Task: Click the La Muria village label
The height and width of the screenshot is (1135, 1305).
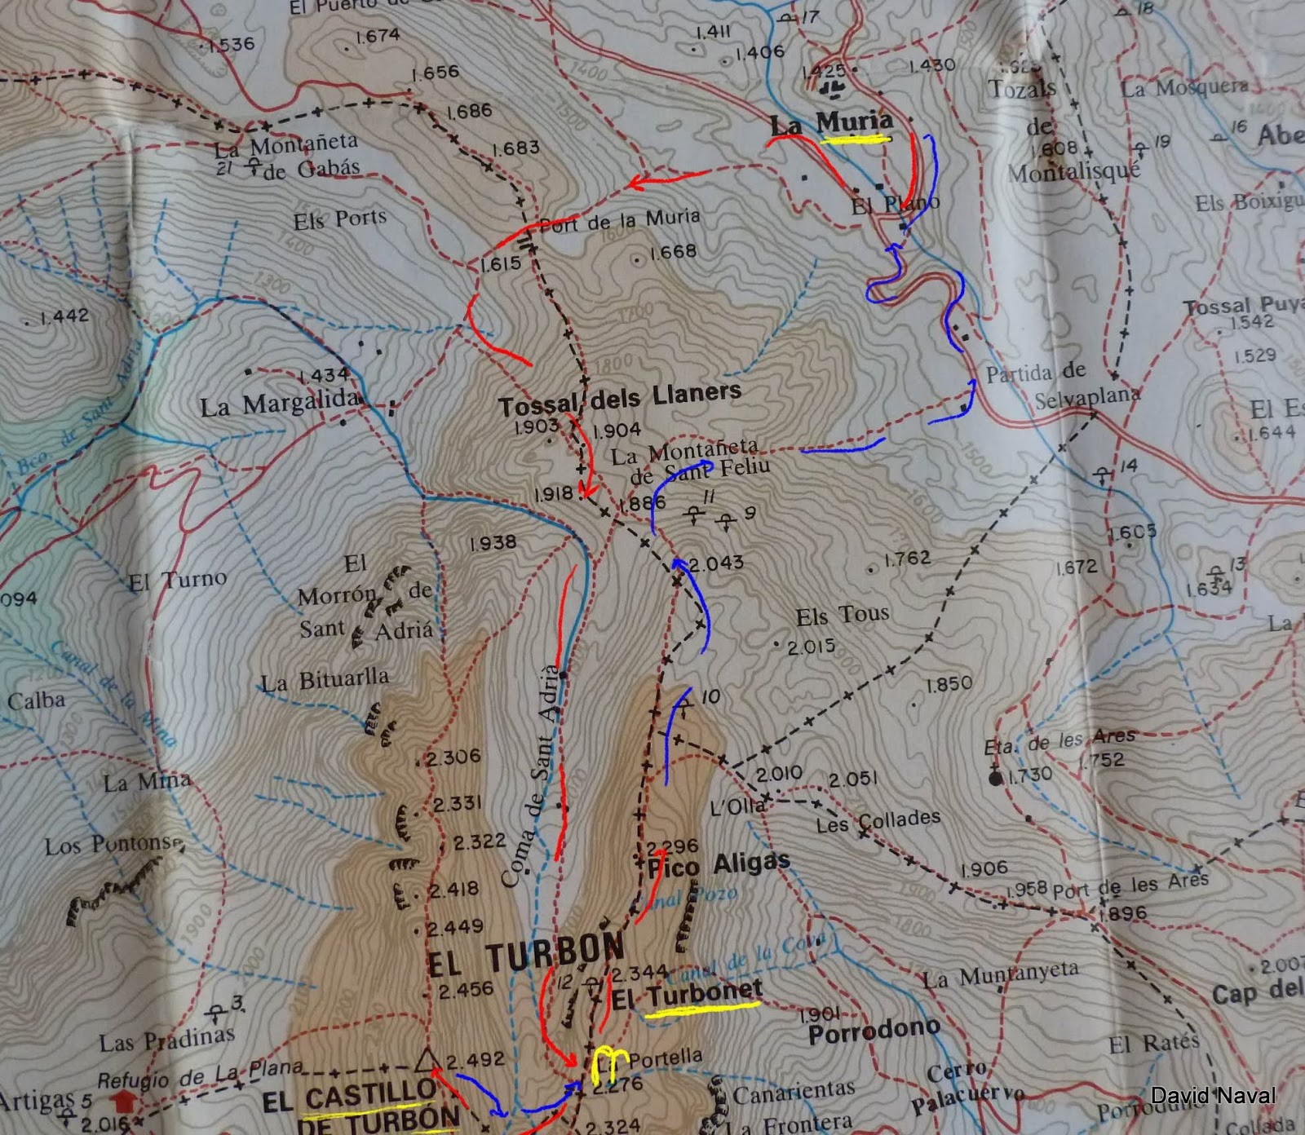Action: click(x=830, y=124)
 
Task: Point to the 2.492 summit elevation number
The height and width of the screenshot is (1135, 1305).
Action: click(x=476, y=1060)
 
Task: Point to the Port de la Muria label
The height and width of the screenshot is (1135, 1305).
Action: click(x=620, y=221)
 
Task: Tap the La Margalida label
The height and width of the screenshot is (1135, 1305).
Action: click(x=280, y=403)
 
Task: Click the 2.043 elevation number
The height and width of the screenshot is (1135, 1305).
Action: click(x=716, y=563)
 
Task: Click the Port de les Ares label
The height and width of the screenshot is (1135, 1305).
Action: click(x=1130, y=884)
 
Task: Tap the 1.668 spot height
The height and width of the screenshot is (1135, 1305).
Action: click(x=673, y=252)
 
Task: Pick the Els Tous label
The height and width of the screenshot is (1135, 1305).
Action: click(x=842, y=616)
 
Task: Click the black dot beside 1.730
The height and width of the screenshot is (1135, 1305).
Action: click(x=995, y=779)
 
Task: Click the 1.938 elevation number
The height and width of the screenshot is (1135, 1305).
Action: click(x=493, y=542)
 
